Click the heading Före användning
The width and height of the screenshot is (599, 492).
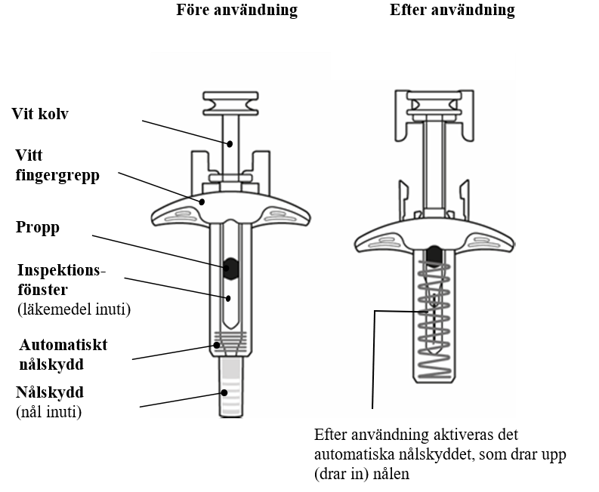(236, 11)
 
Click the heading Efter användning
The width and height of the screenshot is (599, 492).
(452, 11)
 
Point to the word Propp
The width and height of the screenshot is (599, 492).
(36, 227)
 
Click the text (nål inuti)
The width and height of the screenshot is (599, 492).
(48, 411)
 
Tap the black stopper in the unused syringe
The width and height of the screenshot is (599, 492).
(231, 266)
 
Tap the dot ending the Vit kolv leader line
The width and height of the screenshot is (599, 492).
(232, 143)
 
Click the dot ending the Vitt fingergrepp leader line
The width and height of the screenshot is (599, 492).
(202, 201)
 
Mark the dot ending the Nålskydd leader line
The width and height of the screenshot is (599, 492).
(224, 392)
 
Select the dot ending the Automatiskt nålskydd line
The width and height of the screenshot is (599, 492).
(217, 345)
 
